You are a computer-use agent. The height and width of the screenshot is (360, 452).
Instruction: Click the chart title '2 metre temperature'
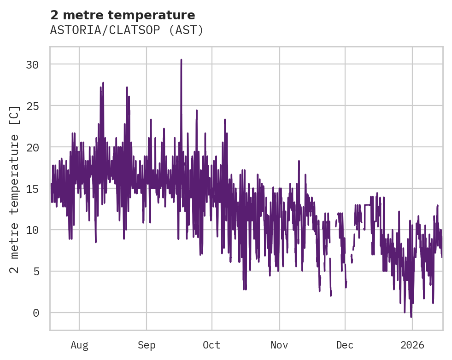pyautogui.click(x=123, y=15)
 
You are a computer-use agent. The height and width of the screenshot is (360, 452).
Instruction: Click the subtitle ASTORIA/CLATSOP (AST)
pyautogui.click(x=127, y=30)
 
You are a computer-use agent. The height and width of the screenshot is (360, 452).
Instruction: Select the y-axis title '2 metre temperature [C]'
pyautogui.click(x=15, y=189)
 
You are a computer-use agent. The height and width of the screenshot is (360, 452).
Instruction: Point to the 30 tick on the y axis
pyautogui.click(x=32, y=64)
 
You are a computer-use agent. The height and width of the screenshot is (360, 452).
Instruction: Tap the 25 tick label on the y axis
pyautogui.click(x=32, y=106)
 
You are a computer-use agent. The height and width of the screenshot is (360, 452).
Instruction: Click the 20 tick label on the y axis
pyautogui.click(x=32, y=147)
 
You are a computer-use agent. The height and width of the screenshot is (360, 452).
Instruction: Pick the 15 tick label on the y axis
pyautogui.click(x=32, y=189)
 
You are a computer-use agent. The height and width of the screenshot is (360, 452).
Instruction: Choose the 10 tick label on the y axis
pyautogui.click(x=32, y=230)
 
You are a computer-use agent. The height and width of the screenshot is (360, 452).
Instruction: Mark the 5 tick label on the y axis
pyautogui.click(x=35, y=272)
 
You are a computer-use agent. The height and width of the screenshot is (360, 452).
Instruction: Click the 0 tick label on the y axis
pyautogui.click(x=35, y=313)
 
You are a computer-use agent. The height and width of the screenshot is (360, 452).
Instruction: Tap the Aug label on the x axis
pyautogui.click(x=79, y=345)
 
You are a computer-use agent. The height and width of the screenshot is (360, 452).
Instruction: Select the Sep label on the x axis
pyautogui.click(x=147, y=345)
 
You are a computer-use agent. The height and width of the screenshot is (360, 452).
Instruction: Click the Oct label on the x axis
pyautogui.click(x=212, y=345)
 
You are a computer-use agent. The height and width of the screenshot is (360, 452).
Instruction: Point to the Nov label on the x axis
pyautogui.click(x=279, y=345)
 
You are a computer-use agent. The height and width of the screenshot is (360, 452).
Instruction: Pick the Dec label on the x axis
pyautogui.click(x=345, y=345)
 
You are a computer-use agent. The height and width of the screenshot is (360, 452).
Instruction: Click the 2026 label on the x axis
pyautogui.click(x=412, y=345)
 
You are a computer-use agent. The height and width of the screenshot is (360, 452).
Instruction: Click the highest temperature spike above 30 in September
pyautogui.click(x=181, y=60)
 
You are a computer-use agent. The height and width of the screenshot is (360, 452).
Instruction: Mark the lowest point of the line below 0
pyautogui.click(x=411, y=317)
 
